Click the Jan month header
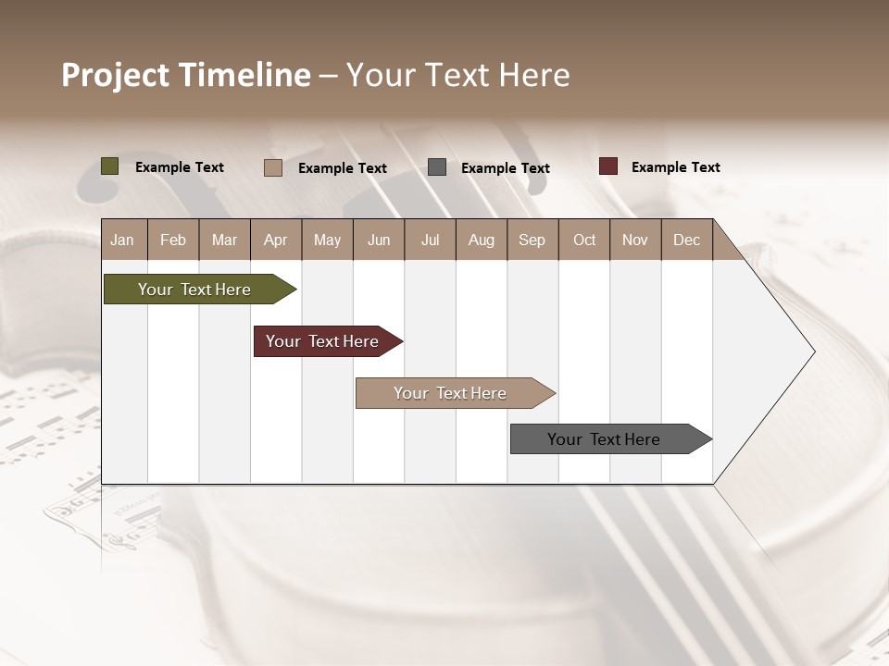[122, 240]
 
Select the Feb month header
[173, 240]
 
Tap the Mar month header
[224, 240]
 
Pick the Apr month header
[276, 240]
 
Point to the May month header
[327, 240]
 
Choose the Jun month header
[379, 240]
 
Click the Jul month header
[430, 240]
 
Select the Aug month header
[482, 240]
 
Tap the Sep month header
[532, 240]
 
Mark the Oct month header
[584, 240]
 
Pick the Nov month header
[635, 240]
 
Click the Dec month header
[687, 240]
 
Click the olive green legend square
[110, 166]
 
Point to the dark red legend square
[608, 166]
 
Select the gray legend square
[437, 167]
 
